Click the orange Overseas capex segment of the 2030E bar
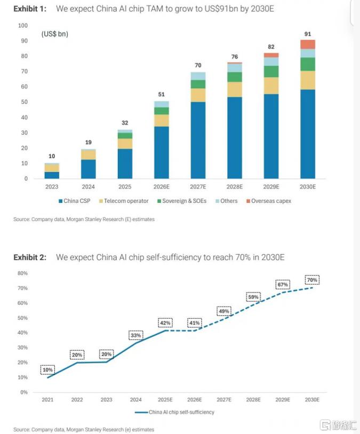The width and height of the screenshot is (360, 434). [x=307, y=44]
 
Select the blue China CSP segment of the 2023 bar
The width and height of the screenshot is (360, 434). [x=52, y=175]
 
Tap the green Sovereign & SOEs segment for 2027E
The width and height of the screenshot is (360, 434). [x=198, y=84]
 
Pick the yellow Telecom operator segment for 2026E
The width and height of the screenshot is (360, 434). [x=162, y=121]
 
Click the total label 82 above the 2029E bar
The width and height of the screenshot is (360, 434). [x=271, y=47]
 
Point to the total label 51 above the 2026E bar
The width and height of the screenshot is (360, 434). [x=162, y=94]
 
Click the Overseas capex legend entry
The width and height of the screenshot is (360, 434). [x=269, y=201]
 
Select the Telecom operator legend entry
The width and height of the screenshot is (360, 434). [x=124, y=201]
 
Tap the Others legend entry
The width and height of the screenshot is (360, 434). [x=227, y=201]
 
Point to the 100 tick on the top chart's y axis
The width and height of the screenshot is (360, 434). [x=23, y=26]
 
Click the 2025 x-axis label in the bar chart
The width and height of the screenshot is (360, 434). [x=125, y=187]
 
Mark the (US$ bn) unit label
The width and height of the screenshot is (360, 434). [x=55, y=34]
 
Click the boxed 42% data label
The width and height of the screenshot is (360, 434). [x=165, y=323]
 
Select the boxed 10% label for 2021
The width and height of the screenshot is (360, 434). [x=47, y=370]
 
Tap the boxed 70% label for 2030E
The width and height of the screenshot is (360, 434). [x=312, y=280]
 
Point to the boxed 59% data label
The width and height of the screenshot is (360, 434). [x=253, y=297]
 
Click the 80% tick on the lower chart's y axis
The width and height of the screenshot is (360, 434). [x=23, y=273]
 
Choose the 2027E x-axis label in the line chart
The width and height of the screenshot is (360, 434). [x=224, y=400]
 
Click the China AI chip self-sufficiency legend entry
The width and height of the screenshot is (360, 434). [x=174, y=412]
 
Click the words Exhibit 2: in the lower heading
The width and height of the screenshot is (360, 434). [x=30, y=257]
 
